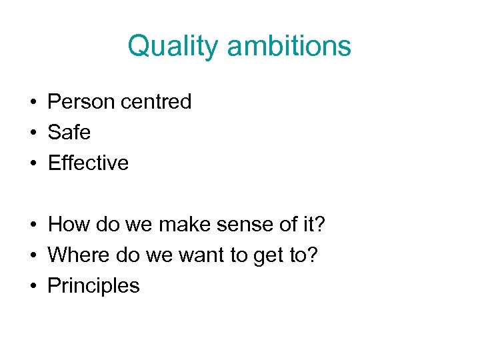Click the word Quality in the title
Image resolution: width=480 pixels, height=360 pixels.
tap(174, 47)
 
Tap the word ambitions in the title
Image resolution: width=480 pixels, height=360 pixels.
tap(289, 47)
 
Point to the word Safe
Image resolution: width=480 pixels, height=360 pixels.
tap(69, 133)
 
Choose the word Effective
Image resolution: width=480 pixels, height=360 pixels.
tap(88, 163)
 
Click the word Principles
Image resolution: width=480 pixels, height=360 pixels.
tap(94, 286)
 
